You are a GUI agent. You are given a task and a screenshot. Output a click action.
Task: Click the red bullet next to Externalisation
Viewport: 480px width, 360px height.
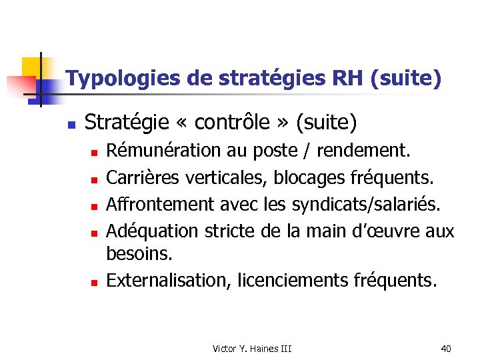pos(95,283)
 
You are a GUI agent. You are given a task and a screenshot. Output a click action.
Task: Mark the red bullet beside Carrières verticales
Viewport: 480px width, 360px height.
pos(95,179)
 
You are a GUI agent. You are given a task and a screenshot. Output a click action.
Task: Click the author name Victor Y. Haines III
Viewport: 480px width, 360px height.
pos(252,348)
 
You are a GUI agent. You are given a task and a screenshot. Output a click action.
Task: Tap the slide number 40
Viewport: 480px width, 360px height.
pos(446,348)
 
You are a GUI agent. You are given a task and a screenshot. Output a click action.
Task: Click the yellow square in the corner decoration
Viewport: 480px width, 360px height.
pos(31,67)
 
